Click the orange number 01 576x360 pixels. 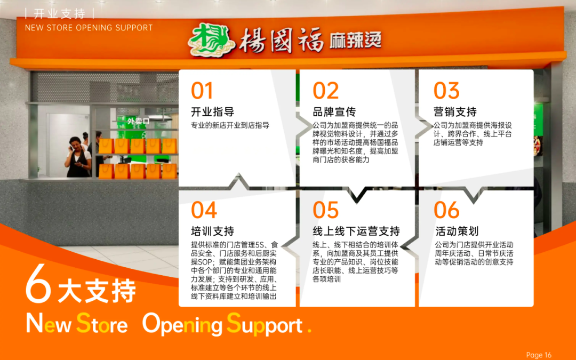pos(202,90)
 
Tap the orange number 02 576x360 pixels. pos(325,90)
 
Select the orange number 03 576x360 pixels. pos(446,90)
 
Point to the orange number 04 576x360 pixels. pos(204,210)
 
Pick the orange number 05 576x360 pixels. pos(325,210)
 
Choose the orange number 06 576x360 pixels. pos(446,210)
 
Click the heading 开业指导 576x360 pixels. pos(212,111)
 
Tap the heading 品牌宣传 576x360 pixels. pos(334,111)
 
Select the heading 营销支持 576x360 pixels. pos(455,111)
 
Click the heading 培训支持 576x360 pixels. pos(212,231)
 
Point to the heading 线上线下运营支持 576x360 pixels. pos(356,231)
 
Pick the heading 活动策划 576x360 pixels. pos(457,231)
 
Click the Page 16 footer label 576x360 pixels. pos(539,355)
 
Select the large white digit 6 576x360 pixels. pos(38,283)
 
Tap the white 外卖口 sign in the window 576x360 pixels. pos(139,121)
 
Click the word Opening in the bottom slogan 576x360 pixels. pos(182,325)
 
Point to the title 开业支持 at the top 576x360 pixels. pos(60,14)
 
